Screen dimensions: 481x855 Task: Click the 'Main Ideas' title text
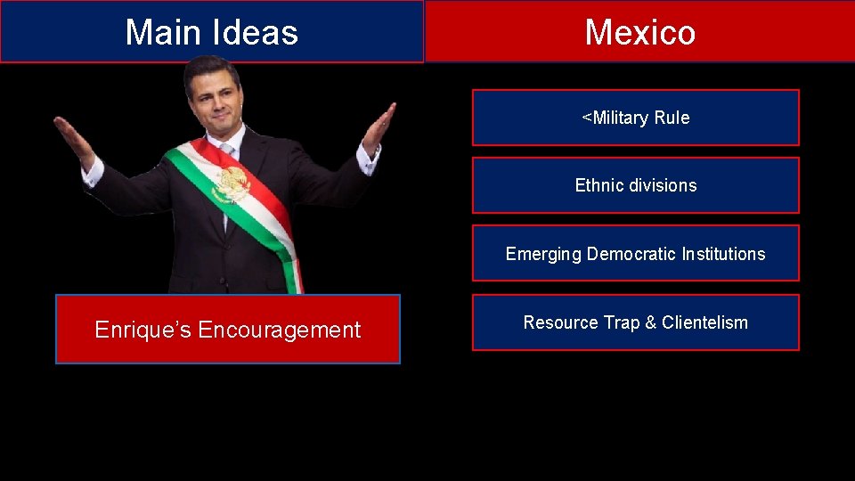pyautogui.click(x=211, y=32)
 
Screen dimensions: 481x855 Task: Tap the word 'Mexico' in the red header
pyautogui.click(x=639, y=32)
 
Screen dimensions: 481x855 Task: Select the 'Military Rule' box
pyautogui.click(x=635, y=118)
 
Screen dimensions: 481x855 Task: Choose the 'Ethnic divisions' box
pyautogui.click(x=635, y=185)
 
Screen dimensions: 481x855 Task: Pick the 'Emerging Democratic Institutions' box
pyautogui.click(x=635, y=254)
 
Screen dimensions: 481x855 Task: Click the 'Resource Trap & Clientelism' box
pyautogui.click(x=635, y=322)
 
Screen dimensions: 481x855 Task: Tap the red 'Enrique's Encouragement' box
pyautogui.click(x=227, y=330)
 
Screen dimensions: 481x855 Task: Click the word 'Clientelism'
pyautogui.click(x=704, y=322)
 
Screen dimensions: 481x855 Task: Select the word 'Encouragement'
pyautogui.click(x=279, y=330)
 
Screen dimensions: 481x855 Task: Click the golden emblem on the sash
pyautogui.click(x=232, y=183)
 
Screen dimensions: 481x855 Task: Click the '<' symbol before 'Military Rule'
pyautogui.click(x=586, y=117)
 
